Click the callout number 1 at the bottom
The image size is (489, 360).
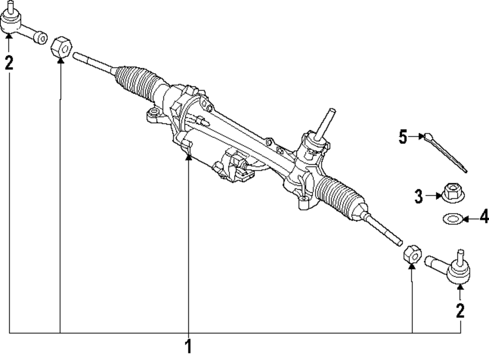pyautogui.click(x=188, y=346)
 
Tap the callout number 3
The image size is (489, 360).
pyautogui.click(x=419, y=196)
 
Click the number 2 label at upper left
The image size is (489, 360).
pyautogui.click(x=9, y=63)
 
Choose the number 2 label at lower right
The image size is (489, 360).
pyautogui.click(x=460, y=311)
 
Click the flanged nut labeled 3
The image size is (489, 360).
pyautogui.click(x=452, y=193)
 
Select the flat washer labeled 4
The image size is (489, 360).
pyautogui.click(x=452, y=219)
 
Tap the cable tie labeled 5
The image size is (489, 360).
pyautogui.click(x=446, y=153)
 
